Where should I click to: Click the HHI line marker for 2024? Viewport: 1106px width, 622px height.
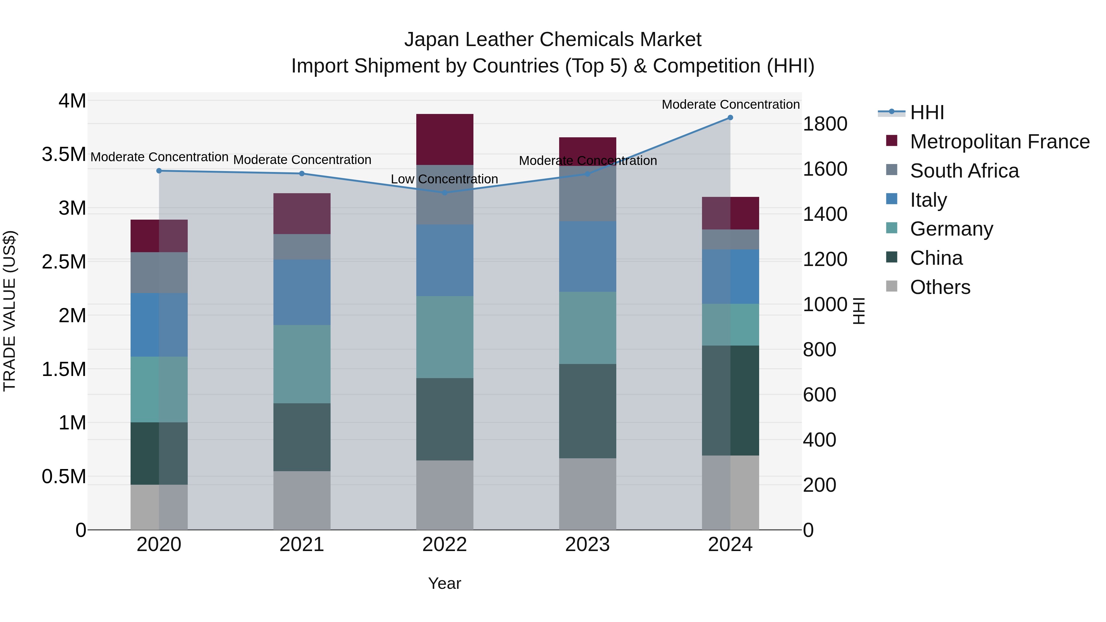[730, 118]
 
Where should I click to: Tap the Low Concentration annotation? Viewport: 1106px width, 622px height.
[444, 179]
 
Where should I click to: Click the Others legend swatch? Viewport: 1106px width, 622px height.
[892, 286]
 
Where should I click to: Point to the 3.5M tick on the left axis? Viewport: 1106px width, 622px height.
[64, 155]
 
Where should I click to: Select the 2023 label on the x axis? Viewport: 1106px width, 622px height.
[587, 545]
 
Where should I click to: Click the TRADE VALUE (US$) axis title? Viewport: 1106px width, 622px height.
[10, 311]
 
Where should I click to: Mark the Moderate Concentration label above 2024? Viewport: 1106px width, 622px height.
[730, 104]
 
